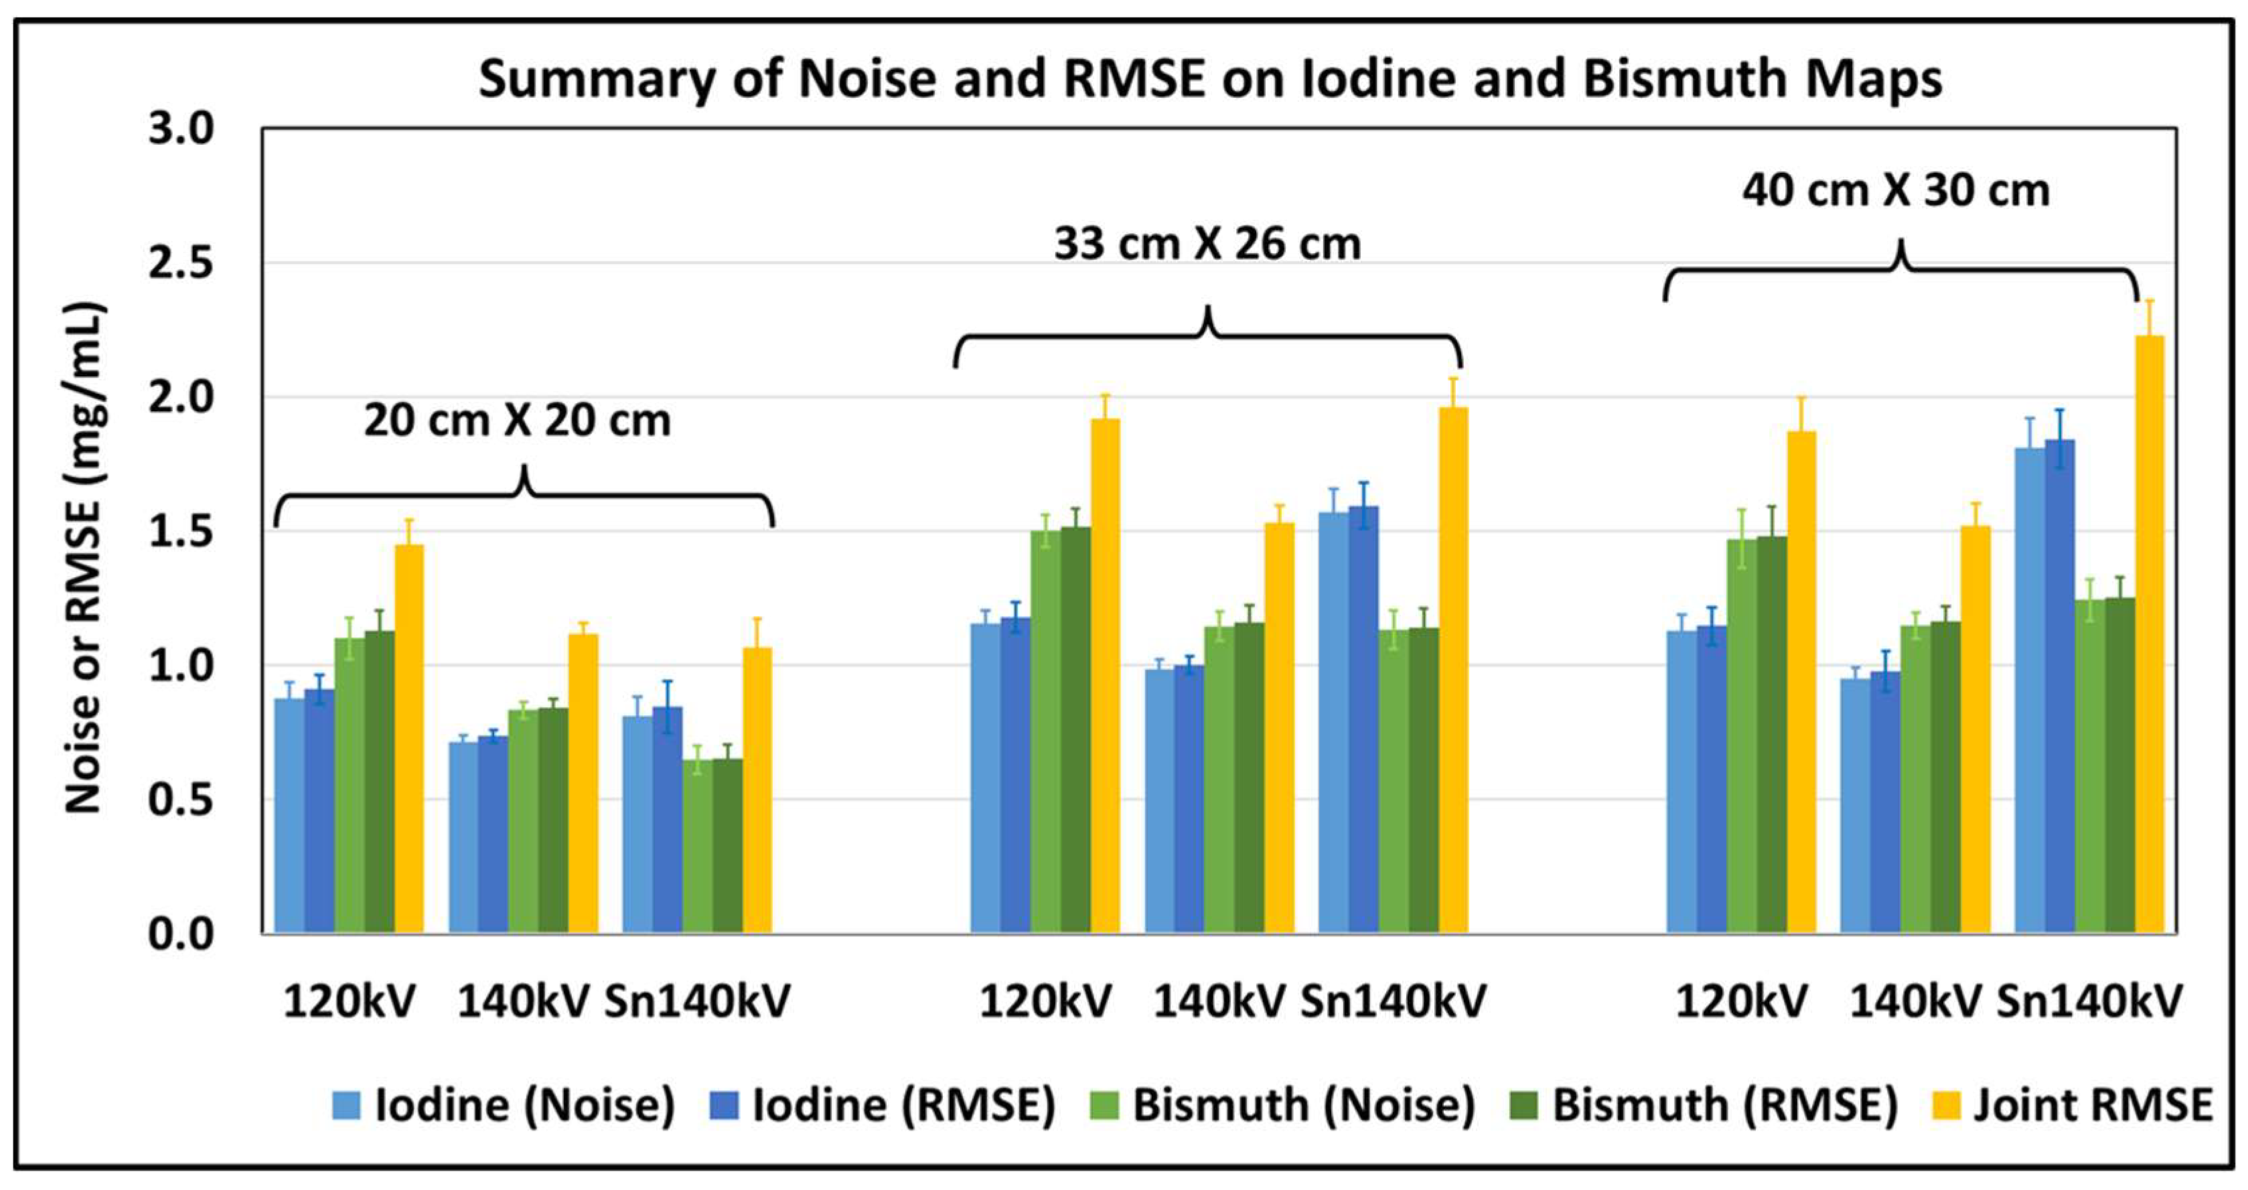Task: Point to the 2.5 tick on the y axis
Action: click(181, 263)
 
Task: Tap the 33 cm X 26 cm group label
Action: click(1207, 243)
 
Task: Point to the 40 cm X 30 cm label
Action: click(1896, 191)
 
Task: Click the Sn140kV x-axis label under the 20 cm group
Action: click(696, 1000)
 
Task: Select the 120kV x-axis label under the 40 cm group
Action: click(1741, 1000)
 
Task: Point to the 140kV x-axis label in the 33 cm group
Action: click(1219, 1000)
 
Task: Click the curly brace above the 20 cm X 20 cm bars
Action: click(524, 496)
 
